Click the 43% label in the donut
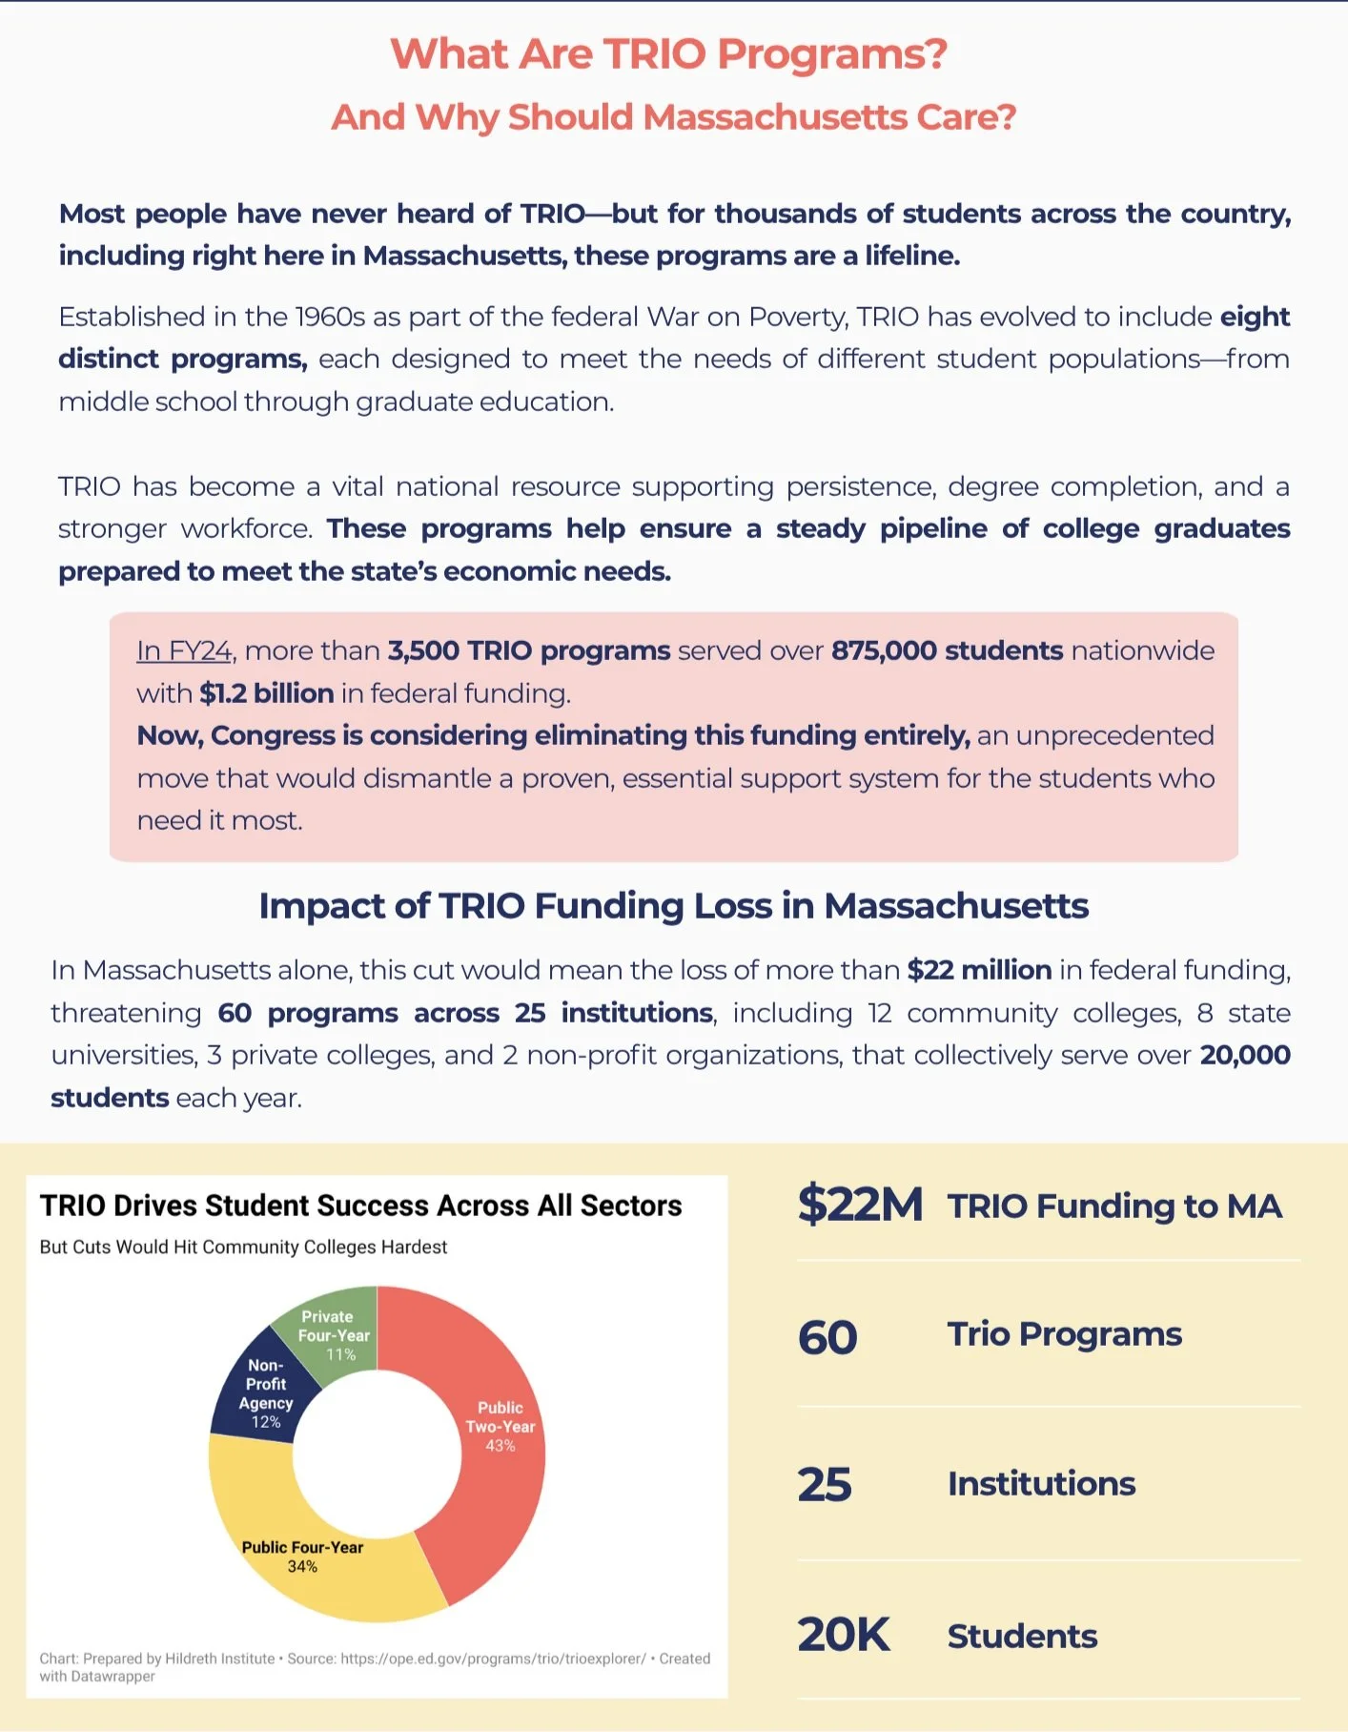point(500,1446)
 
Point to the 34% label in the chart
point(302,1567)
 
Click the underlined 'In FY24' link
point(184,650)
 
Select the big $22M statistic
point(860,1204)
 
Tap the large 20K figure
point(843,1635)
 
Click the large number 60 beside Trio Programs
point(827,1337)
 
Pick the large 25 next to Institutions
point(825,1485)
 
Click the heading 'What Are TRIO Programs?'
point(669,54)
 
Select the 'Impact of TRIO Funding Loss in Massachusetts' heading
point(673,906)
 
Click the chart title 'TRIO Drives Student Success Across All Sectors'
point(360,1206)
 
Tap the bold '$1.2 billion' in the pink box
point(266,693)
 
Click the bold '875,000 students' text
point(947,650)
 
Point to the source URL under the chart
point(493,1659)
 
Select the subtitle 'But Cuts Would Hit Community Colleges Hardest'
point(243,1247)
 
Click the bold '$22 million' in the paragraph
point(979,970)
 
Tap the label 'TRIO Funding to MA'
point(1114,1206)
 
